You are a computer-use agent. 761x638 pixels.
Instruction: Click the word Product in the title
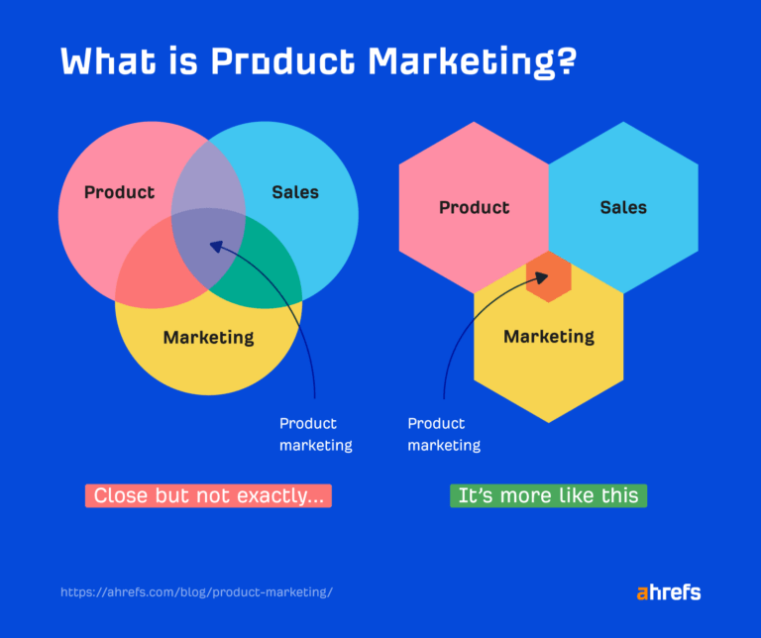point(279,61)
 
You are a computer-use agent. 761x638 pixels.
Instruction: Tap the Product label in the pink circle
point(119,192)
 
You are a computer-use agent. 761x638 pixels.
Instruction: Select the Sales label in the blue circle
point(295,192)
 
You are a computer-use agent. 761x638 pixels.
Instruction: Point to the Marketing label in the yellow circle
point(208,337)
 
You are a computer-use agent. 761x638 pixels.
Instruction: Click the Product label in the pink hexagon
point(474,208)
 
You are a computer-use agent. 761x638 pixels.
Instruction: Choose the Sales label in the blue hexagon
point(623,208)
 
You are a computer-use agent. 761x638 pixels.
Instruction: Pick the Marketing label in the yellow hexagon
point(549,337)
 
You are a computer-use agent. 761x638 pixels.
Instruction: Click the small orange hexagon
point(548,276)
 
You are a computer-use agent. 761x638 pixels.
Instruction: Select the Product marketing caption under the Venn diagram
point(315,434)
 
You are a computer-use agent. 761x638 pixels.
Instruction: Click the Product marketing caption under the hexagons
point(444,434)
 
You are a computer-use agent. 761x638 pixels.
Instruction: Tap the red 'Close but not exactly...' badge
point(208,495)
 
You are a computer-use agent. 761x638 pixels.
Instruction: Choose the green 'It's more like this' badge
point(548,495)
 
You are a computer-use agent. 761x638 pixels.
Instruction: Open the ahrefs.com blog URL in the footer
point(196,592)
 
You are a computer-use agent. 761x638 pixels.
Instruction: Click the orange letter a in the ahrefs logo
point(642,593)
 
